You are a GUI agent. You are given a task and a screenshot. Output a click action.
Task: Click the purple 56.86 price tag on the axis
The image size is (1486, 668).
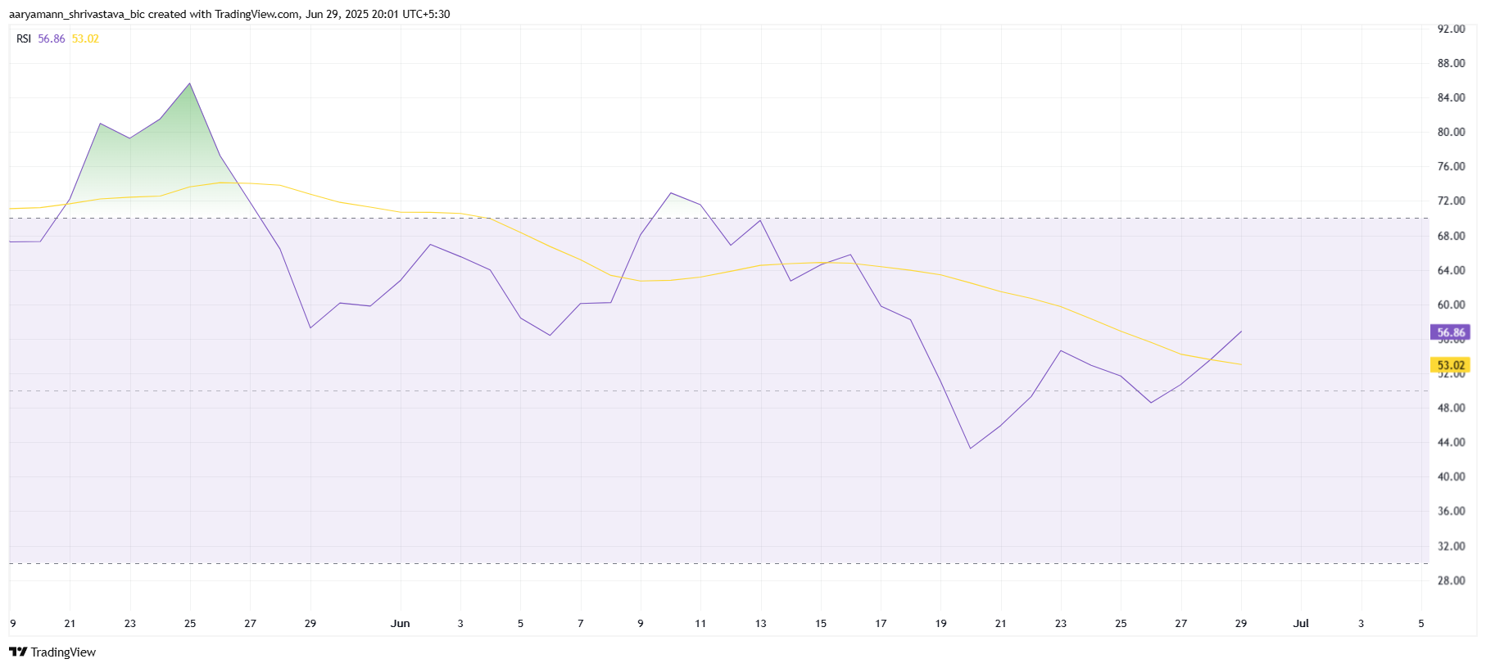point(1451,332)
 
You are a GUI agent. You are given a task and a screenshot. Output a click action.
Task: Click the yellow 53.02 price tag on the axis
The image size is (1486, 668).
point(1451,365)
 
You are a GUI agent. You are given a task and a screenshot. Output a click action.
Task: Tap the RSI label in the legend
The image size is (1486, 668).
point(24,38)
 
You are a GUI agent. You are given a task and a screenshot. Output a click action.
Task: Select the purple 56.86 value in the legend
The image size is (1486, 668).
point(52,38)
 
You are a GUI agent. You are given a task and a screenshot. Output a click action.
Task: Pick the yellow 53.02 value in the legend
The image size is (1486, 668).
point(85,38)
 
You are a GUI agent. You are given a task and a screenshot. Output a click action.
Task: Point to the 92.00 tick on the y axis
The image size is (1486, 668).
point(1451,29)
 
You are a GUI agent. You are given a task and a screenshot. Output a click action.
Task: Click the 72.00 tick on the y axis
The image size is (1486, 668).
point(1451,201)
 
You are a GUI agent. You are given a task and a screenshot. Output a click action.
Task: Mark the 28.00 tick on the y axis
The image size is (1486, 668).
point(1451,580)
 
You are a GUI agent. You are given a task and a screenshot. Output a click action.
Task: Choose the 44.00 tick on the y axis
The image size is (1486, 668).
point(1451,442)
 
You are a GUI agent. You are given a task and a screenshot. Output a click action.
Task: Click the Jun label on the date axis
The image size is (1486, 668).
point(400,623)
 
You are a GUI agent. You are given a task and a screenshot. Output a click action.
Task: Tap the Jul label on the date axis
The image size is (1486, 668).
point(1301,623)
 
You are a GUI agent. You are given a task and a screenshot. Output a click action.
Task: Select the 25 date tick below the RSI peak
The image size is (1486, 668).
point(190,623)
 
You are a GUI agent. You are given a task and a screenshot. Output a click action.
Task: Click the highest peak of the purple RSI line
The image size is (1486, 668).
point(190,83)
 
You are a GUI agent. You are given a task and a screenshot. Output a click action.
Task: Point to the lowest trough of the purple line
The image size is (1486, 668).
point(971,448)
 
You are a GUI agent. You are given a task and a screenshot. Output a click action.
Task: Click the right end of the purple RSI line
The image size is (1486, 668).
point(1241,332)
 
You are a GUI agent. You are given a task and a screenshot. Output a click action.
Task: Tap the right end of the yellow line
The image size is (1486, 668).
point(1241,364)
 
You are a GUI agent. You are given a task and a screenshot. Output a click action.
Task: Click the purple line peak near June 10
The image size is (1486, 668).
point(671,193)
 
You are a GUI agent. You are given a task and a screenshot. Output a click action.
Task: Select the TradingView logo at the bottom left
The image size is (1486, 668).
point(52,652)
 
